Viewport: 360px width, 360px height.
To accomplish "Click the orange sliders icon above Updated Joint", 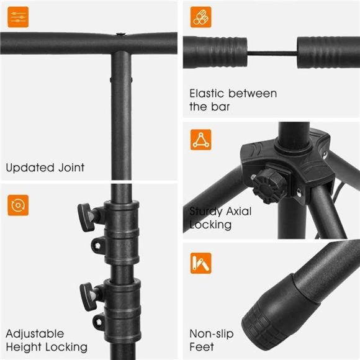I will coord(18,17).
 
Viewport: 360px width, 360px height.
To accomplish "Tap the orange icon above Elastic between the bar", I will coord(201,17).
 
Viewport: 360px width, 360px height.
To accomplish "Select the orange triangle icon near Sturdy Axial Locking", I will coord(201,138).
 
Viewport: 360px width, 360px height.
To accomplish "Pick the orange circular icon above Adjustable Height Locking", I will coord(18,204).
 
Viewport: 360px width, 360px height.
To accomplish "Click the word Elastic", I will coord(207,94).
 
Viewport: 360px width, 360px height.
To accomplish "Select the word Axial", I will coord(239,212).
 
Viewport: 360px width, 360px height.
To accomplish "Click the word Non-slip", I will coord(212,334).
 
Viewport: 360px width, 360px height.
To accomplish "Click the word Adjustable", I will coord(35,334).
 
